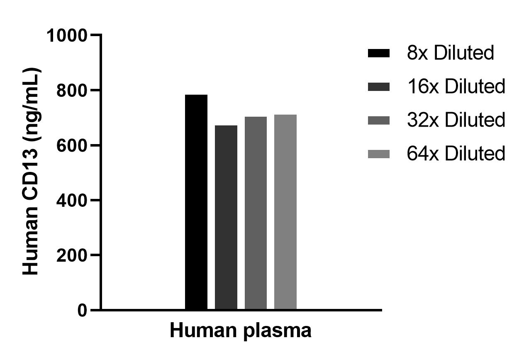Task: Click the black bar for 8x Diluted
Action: (196, 202)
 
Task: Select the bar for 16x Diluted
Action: (226, 218)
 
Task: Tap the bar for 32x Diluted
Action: (256, 213)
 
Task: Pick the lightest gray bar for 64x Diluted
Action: (285, 212)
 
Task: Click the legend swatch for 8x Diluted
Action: (379, 53)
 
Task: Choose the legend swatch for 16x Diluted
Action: (379, 86)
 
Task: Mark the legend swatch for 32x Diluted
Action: (379, 120)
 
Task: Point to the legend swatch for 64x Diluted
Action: (379, 154)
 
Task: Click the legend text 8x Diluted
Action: (451, 53)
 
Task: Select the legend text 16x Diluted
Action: (456, 86)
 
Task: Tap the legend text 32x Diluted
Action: (456, 120)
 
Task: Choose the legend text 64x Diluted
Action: (456, 154)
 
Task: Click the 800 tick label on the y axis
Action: (72, 91)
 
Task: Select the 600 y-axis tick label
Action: (72, 145)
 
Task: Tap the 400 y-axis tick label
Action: (72, 201)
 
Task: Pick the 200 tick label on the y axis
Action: (72, 255)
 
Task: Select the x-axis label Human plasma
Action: (241, 331)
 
